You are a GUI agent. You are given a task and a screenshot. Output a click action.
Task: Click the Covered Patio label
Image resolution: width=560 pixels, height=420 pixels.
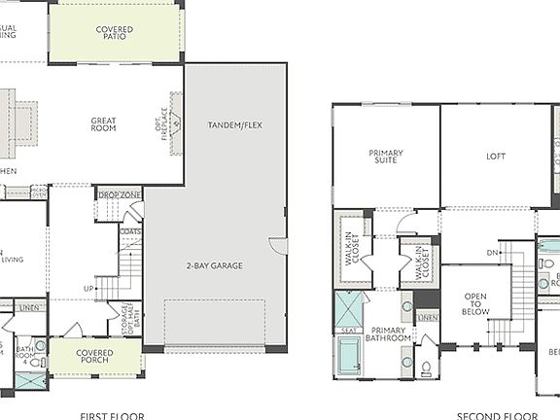click(x=115, y=34)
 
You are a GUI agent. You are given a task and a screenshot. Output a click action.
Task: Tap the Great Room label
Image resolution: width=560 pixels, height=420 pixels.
click(x=104, y=124)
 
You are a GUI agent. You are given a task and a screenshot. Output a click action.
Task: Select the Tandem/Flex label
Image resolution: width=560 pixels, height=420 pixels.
click(x=234, y=125)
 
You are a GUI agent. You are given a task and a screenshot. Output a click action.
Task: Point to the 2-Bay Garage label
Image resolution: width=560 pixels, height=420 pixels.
click(x=215, y=265)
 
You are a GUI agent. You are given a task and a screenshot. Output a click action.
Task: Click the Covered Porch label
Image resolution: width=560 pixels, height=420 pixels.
click(x=94, y=359)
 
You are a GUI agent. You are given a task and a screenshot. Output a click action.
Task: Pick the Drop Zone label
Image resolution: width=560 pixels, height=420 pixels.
click(x=119, y=195)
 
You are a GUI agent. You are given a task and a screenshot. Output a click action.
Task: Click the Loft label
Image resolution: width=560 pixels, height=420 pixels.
click(x=497, y=157)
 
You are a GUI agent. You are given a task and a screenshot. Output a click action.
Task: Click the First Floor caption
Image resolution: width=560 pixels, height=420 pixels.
click(x=113, y=415)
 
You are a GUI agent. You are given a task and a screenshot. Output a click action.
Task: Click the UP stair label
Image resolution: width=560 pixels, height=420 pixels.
click(x=88, y=289)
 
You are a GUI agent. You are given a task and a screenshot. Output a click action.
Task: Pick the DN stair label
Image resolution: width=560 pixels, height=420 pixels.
click(x=492, y=253)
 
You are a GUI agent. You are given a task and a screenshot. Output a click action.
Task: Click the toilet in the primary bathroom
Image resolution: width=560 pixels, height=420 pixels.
click(x=427, y=367)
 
